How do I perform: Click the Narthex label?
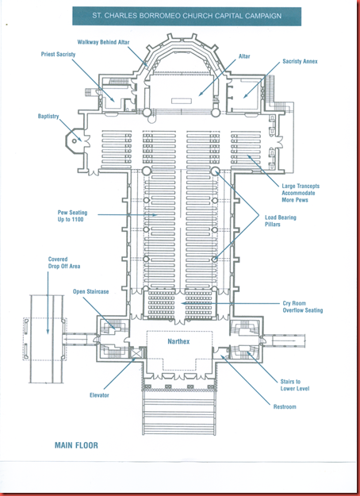click(x=178, y=341)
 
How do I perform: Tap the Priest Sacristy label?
click(x=58, y=54)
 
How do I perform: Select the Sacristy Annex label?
click(x=300, y=61)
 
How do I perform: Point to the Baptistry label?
click(x=48, y=117)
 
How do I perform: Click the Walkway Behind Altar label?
click(x=103, y=42)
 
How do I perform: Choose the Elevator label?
click(x=99, y=395)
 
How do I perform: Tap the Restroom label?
click(x=285, y=407)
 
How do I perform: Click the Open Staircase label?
click(x=90, y=292)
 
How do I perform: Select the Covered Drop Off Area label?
click(x=64, y=263)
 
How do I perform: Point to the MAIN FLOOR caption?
click(x=76, y=445)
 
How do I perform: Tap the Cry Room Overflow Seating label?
click(x=303, y=307)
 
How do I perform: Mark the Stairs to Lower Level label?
click(x=295, y=385)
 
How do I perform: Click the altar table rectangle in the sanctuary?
click(x=182, y=101)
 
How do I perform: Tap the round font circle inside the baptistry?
click(x=75, y=141)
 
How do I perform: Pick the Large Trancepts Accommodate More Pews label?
click(x=301, y=193)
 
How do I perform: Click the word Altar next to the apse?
click(x=244, y=56)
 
